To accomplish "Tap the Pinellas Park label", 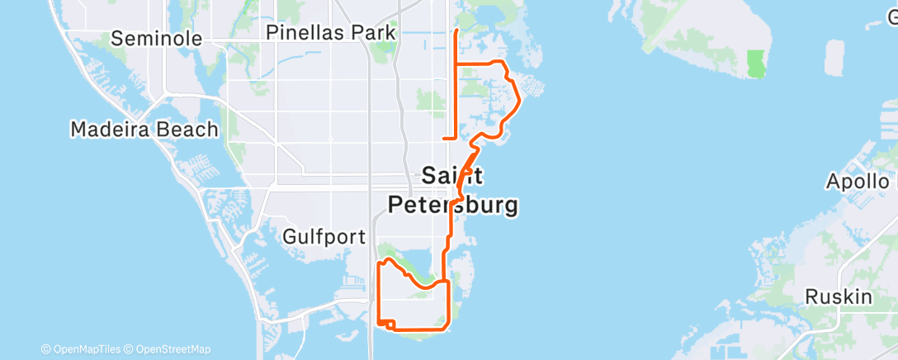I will (x=330, y=33).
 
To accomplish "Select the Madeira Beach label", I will (x=144, y=130).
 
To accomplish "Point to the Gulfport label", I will (x=324, y=237).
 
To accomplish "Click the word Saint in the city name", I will (x=451, y=175).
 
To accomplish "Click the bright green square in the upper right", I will (x=755, y=64).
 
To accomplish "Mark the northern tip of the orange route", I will (x=457, y=31).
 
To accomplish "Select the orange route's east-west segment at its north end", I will (x=477, y=64).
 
